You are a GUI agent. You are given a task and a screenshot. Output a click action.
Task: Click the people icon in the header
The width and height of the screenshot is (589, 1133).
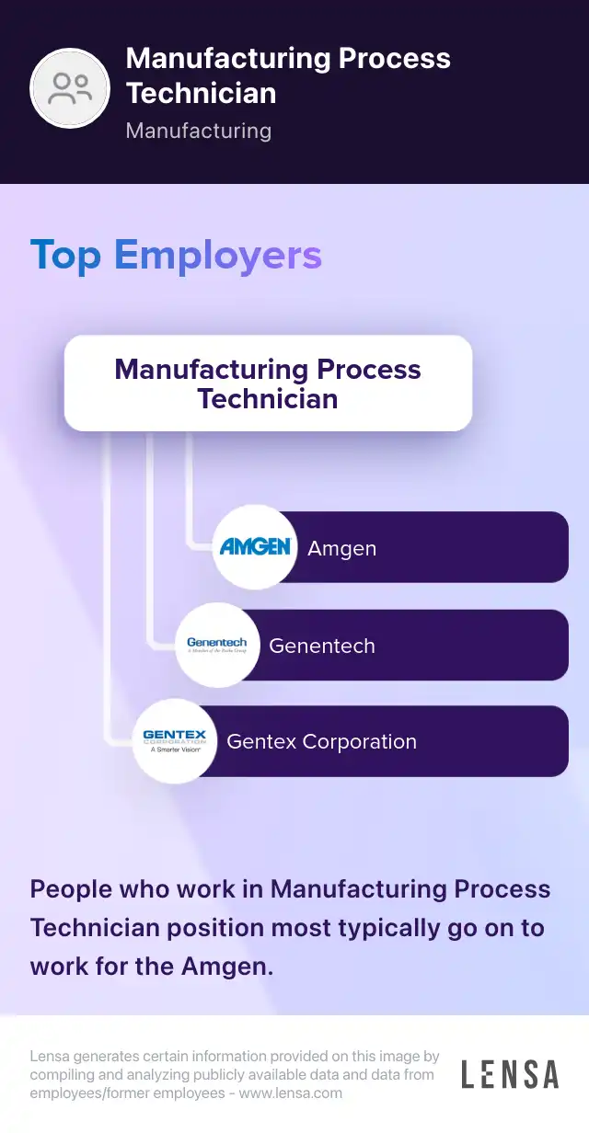(x=70, y=88)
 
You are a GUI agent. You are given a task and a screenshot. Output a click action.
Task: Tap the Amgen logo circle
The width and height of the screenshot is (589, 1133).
(x=255, y=547)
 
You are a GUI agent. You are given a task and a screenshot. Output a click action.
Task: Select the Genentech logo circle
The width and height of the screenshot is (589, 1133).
(x=217, y=645)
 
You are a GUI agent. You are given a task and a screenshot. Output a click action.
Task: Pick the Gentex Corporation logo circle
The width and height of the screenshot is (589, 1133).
(x=175, y=741)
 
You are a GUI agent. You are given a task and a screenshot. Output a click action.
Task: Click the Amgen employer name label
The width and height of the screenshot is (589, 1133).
(x=341, y=549)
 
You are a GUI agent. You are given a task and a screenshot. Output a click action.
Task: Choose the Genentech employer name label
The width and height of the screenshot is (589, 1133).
(x=322, y=646)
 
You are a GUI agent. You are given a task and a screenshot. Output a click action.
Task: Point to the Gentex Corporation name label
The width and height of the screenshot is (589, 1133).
(x=321, y=742)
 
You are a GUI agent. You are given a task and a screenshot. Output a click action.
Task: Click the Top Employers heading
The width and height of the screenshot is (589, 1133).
(x=176, y=255)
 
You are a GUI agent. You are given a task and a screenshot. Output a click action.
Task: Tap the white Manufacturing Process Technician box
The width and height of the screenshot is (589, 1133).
(x=268, y=383)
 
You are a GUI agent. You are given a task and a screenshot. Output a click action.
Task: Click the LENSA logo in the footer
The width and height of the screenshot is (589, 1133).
(x=510, y=1074)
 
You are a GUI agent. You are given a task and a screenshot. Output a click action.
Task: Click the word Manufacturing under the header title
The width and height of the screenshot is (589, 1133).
(x=198, y=131)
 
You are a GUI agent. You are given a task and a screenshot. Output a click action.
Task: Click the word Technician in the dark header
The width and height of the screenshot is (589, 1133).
(x=201, y=93)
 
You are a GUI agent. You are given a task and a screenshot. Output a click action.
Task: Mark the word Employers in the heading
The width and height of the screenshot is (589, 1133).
(x=218, y=255)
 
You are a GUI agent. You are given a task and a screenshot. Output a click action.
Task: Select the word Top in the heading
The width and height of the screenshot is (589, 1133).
(x=66, y=255)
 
